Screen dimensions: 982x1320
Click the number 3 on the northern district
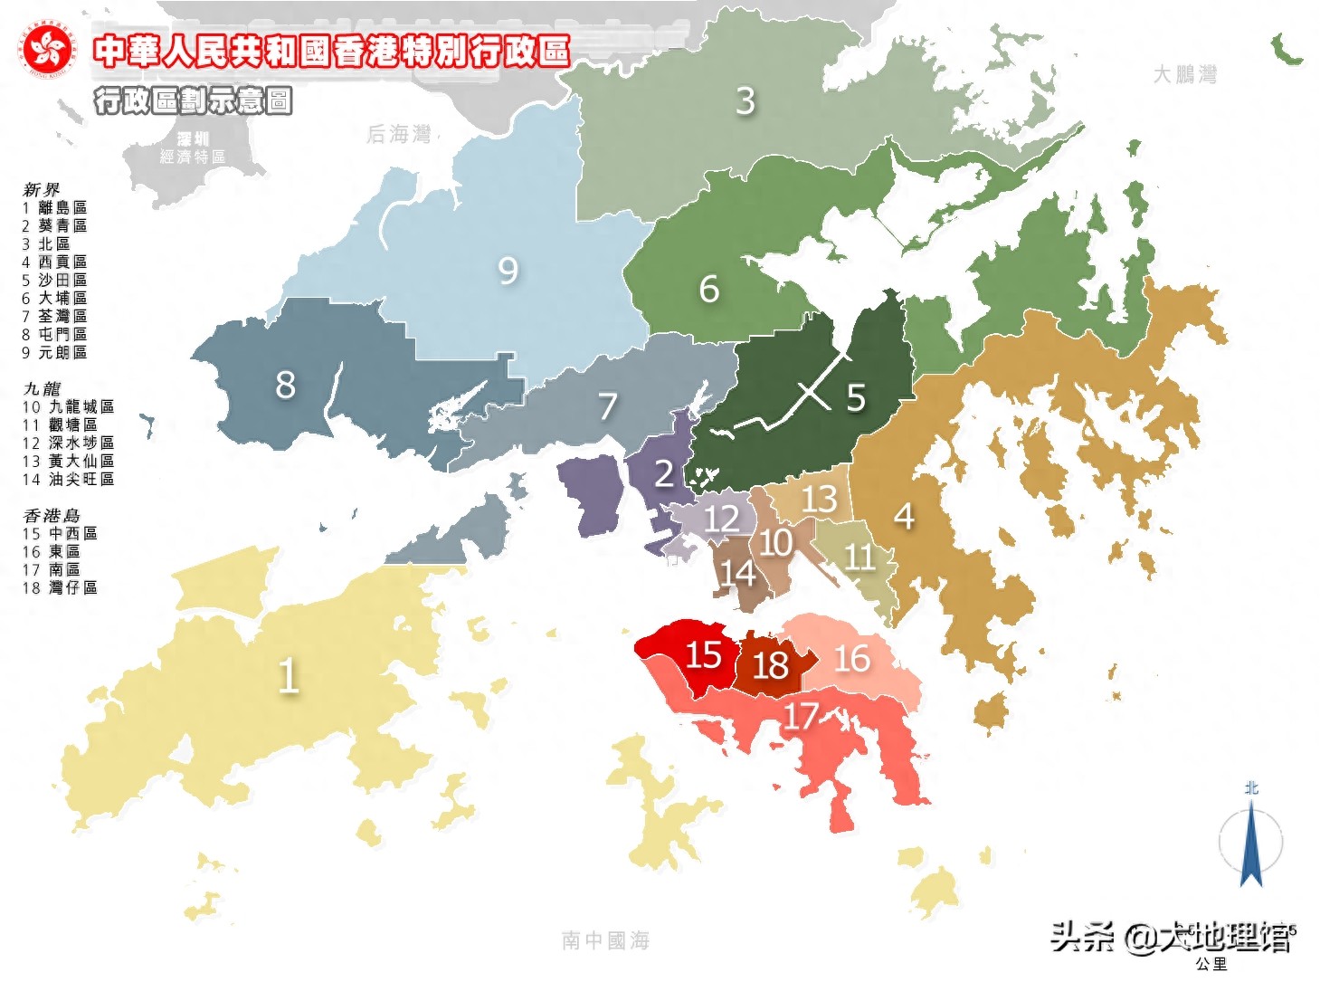[x=745, y=100]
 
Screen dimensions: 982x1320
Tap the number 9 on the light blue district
[x=508, y=270]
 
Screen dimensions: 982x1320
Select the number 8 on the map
[x=285, y=385]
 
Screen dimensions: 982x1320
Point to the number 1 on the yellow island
[x=288, y=675]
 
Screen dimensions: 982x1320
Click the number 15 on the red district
[x=703, y=654]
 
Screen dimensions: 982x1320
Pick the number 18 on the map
[x=770, y=666]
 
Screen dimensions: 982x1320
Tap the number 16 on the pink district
[x=851, y=658]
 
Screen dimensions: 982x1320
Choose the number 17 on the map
[x=800, y=717]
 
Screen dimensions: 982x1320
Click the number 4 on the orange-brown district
[x=903, y=517]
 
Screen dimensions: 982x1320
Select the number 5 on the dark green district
[x=856, y=397]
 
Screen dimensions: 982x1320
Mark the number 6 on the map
[x=709, y=290]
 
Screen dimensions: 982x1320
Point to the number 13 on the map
[x=819, y=499]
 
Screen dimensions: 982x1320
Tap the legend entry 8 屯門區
[x=55, y=334]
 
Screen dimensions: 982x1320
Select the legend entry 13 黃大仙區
[x=69, y=461]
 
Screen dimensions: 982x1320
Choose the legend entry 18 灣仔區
[x=60, y=587]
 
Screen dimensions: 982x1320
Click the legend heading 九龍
[x=42, y=388]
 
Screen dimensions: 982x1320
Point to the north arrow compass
[x=1251, y=837]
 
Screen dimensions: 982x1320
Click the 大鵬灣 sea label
[x=1184, y=74]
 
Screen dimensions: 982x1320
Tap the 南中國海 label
[x=605, y=940]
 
